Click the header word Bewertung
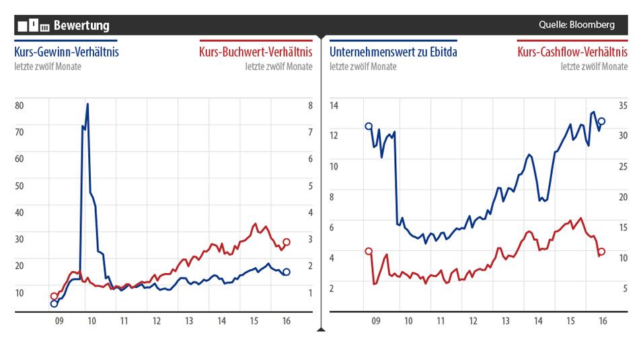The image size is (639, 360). click(81, 26)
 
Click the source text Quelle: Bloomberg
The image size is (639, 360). click(576, 25)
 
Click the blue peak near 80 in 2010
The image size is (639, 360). click(87, 104)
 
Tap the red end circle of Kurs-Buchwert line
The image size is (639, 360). click(286, 242)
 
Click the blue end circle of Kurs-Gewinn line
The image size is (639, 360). click(286, 272)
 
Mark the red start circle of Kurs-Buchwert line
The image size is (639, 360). click(54, 296)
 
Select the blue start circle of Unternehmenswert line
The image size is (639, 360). click(369, 126)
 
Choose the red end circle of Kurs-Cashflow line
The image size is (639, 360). click(601, 252)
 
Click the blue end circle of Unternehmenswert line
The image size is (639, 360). click(601, 121)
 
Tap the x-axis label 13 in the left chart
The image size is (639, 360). click(189, 322)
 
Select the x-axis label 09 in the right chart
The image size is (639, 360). click(376, 322)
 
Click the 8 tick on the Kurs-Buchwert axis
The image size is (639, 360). click(310, 106)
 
